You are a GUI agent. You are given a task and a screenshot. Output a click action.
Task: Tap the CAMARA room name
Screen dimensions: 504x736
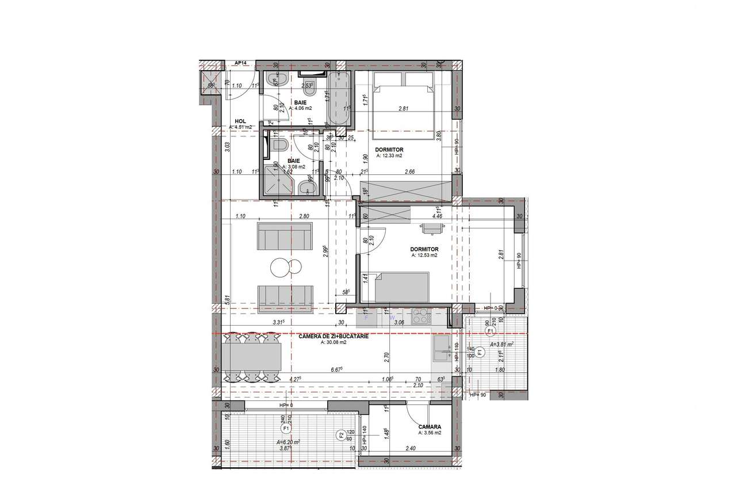(430, 426)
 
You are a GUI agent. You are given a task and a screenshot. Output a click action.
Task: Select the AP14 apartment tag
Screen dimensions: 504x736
(240, 63)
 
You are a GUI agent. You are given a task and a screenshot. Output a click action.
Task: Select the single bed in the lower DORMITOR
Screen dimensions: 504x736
(401, 287)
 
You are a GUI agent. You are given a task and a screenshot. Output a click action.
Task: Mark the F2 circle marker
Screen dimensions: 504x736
(341, 434)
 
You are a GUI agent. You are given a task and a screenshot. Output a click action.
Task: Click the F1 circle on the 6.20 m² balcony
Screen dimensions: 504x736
(285, 429)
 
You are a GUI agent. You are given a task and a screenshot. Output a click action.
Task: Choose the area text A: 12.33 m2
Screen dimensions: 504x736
(390, 155)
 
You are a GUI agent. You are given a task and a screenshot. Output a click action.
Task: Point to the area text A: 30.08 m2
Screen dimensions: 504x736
(334, 342)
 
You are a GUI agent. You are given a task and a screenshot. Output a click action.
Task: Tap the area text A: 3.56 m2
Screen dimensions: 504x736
(430, 433)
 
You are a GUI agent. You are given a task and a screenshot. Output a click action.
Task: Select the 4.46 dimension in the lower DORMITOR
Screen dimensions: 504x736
(438, 217)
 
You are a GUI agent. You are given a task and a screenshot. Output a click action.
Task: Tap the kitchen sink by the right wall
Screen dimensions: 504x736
(443, 347)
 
